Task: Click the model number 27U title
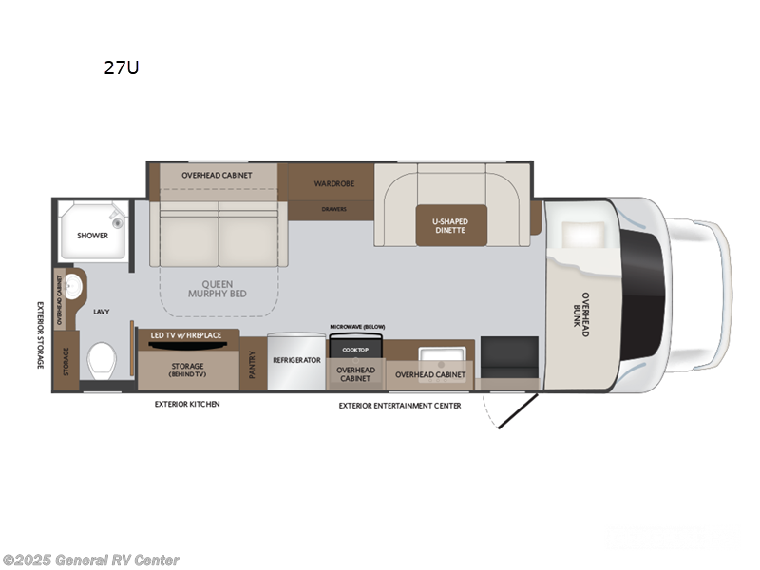(x=123, y=67)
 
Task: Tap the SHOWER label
(x=93, y=235)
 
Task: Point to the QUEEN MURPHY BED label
(x=223, y=288)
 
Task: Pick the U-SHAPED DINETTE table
(x=450, y=225)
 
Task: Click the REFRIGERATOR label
(x=296, y=361)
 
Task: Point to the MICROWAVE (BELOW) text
(x=357, y=327)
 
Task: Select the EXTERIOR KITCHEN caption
(x=187, y=405)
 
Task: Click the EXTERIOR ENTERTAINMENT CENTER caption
(x=400, y=406)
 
